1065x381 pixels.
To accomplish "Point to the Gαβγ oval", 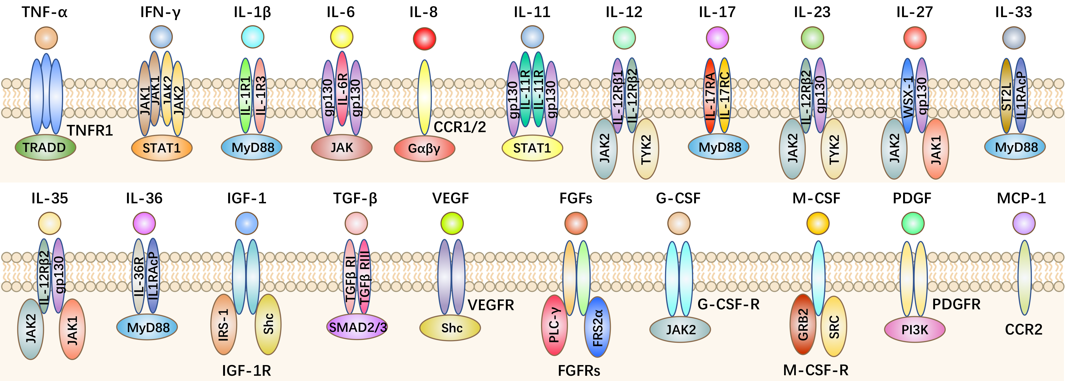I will coord(424,148).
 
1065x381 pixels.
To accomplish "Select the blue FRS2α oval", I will coord(598,327).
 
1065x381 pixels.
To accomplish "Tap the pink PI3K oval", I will coord(915,330).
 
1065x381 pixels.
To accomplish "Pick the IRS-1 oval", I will coord(224,325).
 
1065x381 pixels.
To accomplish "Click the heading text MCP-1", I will coord(1021,198).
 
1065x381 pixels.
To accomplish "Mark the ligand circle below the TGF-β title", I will coord(356,223).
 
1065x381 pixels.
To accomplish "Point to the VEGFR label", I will coord(491,305).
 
